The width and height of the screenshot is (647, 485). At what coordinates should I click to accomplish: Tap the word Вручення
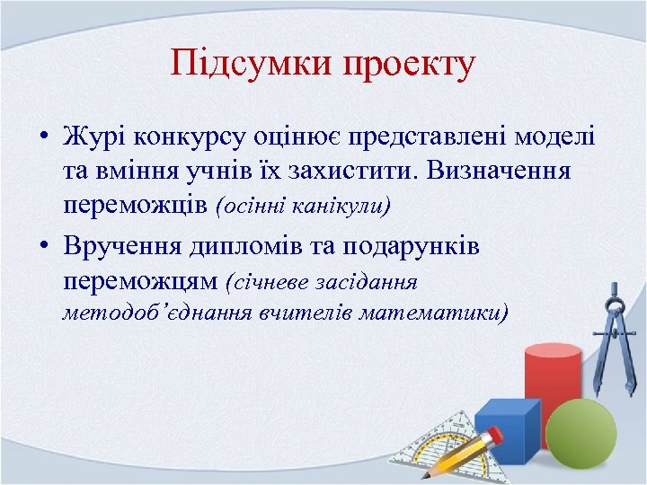click(120, 247)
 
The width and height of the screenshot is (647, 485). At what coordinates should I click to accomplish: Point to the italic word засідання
click(370, 282)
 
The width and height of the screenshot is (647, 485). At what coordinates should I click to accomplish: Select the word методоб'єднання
click(156, 313)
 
